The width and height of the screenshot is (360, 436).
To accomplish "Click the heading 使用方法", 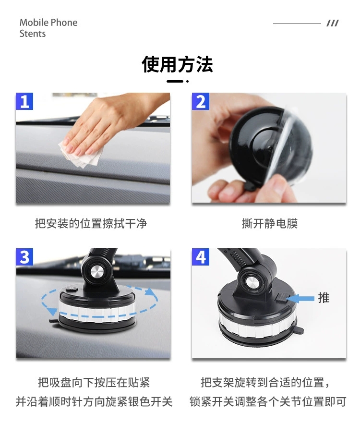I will [177, 64].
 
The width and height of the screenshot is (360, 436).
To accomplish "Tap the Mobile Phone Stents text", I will [48, 28].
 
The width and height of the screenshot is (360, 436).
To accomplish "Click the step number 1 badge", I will [24, 101].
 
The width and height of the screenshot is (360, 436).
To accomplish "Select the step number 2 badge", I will [201, 101].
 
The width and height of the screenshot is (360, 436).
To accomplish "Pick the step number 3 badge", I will [24, 257].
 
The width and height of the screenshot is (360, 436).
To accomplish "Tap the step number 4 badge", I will [201, 257].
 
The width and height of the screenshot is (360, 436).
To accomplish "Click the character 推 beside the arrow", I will [324, 298].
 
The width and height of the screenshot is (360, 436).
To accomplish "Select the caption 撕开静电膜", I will [269, 223].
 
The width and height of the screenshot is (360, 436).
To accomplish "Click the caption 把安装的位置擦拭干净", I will [91, 223].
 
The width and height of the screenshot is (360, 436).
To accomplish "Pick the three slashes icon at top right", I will [332, 23].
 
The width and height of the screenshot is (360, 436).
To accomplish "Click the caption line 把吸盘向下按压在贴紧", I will [94, 382].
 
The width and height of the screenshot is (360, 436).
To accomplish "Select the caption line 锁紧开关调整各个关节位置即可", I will [267, 401].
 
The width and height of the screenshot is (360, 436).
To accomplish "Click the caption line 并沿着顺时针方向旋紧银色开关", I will [94, 401].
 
